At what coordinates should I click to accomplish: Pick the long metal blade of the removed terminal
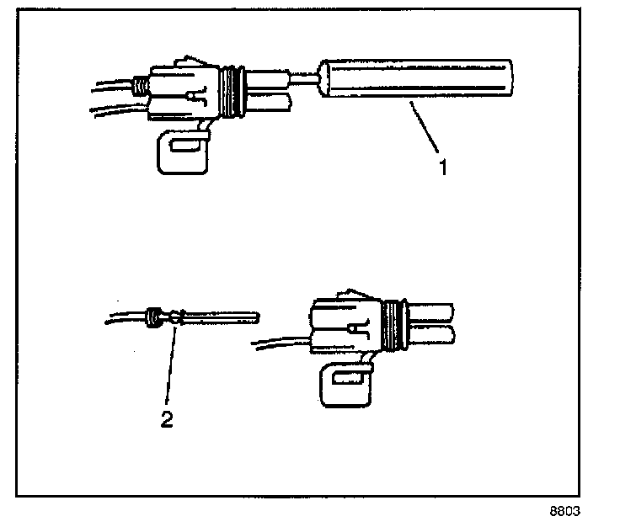click(x=221, y=317)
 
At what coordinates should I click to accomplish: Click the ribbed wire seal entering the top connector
click(x=139, y=85)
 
